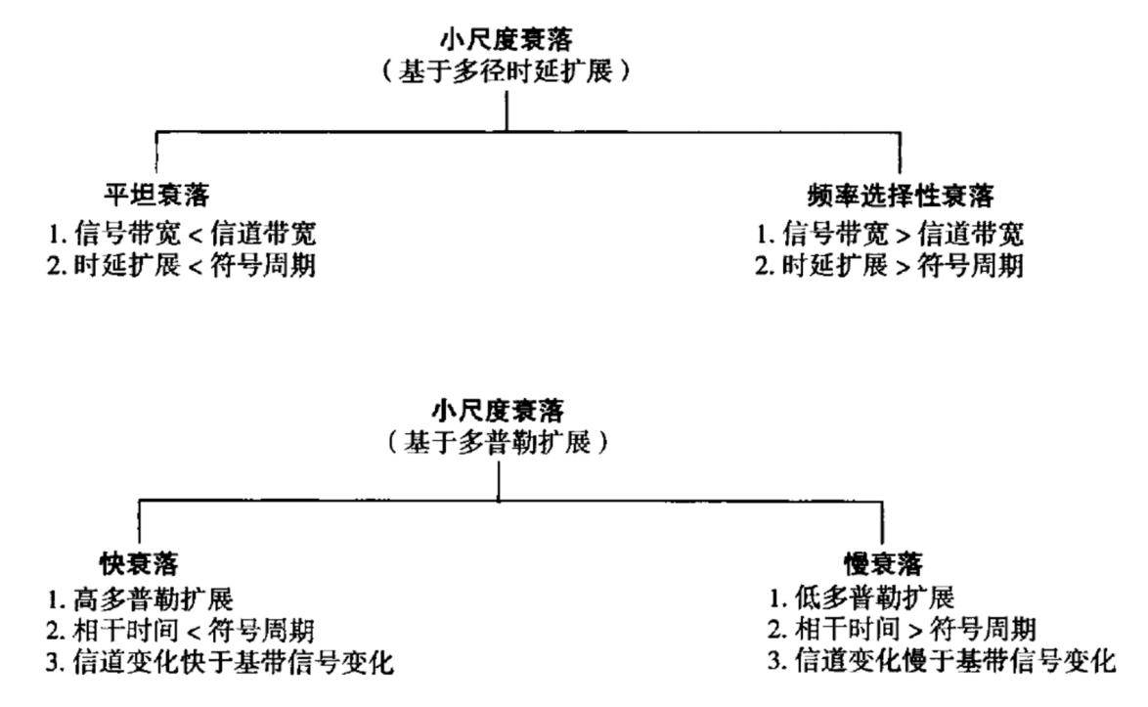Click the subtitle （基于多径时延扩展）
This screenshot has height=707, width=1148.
pos(506,71)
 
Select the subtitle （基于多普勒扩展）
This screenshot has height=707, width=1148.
pos(500,442)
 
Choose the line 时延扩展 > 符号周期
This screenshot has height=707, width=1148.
pos(891,265)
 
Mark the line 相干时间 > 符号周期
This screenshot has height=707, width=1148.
pos(902,629)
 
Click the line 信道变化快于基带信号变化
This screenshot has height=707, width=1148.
pos(232,662)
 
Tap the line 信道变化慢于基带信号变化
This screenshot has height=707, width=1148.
pos(940,662)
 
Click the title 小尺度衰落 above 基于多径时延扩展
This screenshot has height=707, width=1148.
pos(506,41)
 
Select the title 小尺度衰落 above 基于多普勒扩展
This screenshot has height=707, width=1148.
pos(500,410)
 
